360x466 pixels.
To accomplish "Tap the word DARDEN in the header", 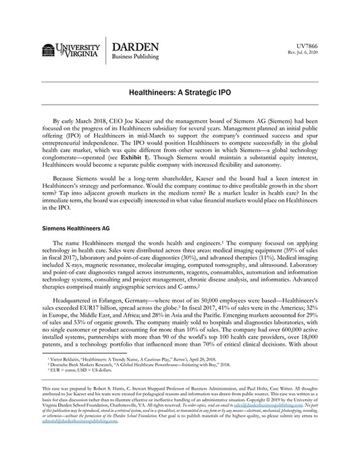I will [134, 46].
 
